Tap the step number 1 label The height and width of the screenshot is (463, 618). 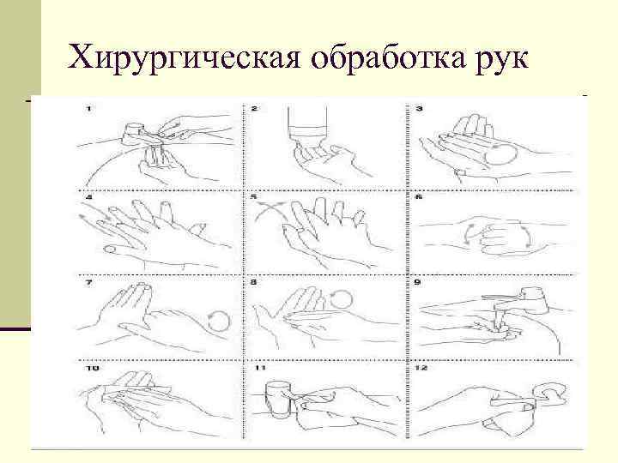[x=88, y=109]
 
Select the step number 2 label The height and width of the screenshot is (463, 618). [x=254, y=108]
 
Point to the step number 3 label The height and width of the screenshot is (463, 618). [x=420, y=108]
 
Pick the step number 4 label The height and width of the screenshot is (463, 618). [x=88, y=196]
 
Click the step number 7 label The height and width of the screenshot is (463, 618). [x=88, y=282]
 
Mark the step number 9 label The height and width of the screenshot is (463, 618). [x=418, y=282]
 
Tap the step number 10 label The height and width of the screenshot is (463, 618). [x=93, y=368]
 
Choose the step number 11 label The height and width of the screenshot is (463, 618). [x=261, y=368]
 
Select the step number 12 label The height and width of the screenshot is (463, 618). [x=421, y=368]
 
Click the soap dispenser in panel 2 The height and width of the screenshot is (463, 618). [x=308, y=121]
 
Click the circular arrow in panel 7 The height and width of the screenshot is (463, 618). [x=218, y=320]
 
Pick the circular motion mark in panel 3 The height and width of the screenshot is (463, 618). [x=500, y=154]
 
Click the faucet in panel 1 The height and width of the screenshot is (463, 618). [x=142, y=134]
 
